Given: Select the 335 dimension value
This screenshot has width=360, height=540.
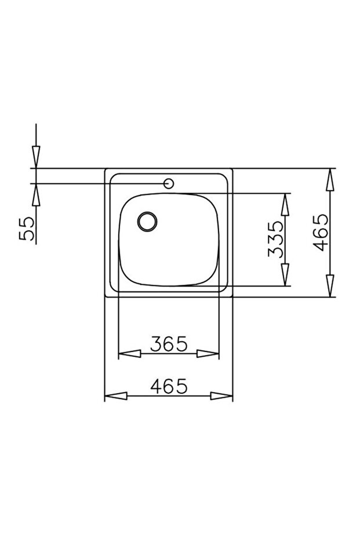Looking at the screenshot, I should pos(276,239).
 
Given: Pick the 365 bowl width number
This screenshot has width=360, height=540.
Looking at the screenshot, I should pos(169,344).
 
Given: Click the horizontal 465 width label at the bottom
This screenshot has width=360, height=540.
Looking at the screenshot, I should pos(169,386).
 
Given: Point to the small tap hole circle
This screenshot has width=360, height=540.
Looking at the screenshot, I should pos(169,184).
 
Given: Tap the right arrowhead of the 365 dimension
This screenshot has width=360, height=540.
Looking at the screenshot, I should pos(208,354).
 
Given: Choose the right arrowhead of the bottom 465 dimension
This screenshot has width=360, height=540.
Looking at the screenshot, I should pos(222,396).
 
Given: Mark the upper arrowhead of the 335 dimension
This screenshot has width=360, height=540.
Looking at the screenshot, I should pos(285,205).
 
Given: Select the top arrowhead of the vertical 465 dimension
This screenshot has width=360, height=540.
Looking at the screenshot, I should pos(330,180).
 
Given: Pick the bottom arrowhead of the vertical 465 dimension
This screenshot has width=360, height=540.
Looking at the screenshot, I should pos(330,286).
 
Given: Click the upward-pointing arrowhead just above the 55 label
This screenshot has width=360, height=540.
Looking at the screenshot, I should pos(35,195).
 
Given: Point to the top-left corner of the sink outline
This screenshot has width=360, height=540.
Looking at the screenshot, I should pos(105,169).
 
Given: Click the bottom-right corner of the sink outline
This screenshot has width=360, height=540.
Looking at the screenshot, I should pos(232,297).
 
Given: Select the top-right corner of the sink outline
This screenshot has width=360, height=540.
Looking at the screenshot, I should pos(232,169).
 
